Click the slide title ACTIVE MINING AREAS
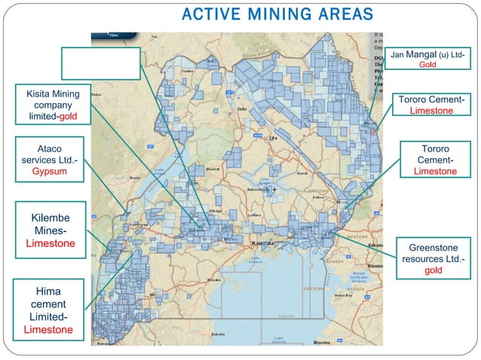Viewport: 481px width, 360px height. coord(277,14)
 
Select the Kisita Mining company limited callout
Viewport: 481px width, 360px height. coord(54,105)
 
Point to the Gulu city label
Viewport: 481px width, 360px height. coord(242,109)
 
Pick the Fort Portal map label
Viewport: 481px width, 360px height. coord(141,224)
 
